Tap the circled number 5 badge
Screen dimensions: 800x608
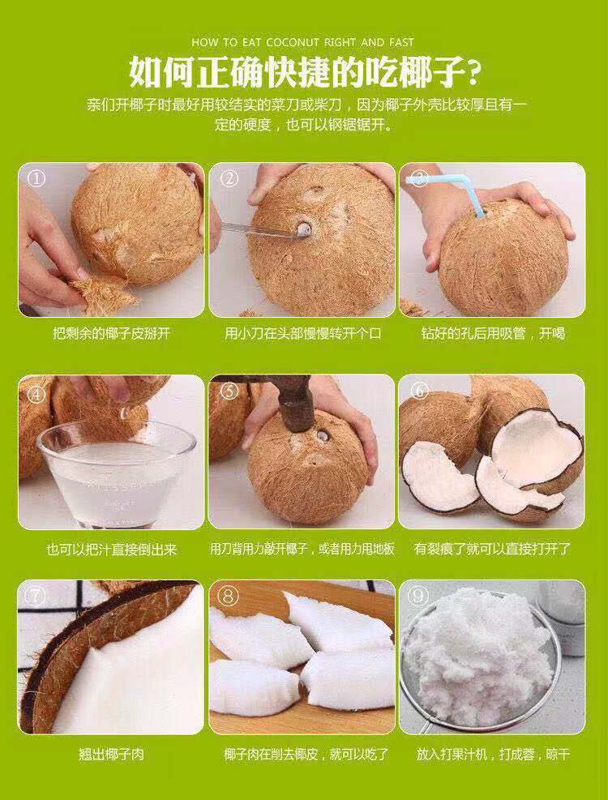click(x=229, y=391)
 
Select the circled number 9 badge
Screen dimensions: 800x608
click(x=419, y=597)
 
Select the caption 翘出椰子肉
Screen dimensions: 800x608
click(x=111, y=755)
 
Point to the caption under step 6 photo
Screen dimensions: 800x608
click(x=492, y=549)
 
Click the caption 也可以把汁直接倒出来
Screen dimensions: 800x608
click(x=111, y=549)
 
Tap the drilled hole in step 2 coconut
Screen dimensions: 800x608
click(x=305, y=230)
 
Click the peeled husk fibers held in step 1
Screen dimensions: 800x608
click(x=101, y=292)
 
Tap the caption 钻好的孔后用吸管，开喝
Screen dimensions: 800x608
click(x=492, y=334)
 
